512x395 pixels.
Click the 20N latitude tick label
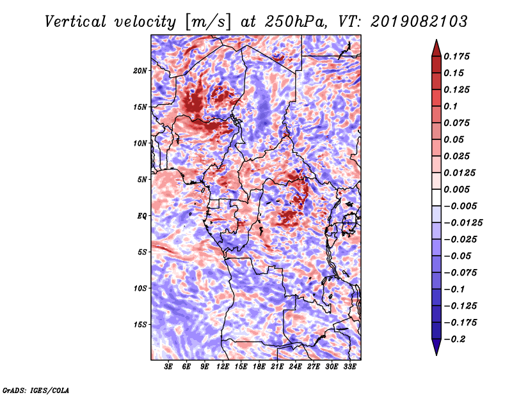[x=140, y=71]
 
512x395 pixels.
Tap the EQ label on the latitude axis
[x=142, y=216]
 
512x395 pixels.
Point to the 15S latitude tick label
[x=140, y=325]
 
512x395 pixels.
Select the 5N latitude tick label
[x=142, y=180]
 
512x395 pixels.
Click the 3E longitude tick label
[x=168, y=367]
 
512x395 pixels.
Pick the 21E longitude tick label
[x=277, y=367]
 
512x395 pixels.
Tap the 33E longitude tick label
[x=349, y=367]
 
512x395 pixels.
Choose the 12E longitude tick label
[x=223, y=367]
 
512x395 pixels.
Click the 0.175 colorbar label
[x=456, y=56]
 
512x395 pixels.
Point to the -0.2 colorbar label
[x=454, y=339]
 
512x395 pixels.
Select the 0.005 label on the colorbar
[x=456, y=189]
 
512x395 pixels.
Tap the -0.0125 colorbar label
[x=463, y=223]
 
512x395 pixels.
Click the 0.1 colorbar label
[x=451, y=106]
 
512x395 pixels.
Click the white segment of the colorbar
[x=436, y=197]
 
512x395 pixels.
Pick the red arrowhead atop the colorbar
[x=436, y=49]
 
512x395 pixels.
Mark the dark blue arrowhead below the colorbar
[x=436, y=346]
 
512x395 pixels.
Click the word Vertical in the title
[x=75, y=22]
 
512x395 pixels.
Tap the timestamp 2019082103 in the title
[x=419, y=22]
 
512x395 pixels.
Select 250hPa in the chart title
[x=296, y=22]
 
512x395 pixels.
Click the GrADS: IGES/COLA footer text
[x=36, y=390]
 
